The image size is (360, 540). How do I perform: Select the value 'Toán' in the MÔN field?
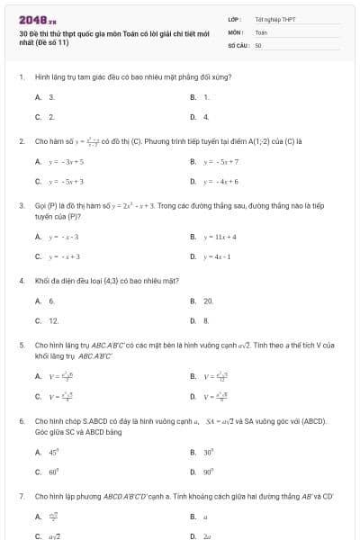click(261, 31)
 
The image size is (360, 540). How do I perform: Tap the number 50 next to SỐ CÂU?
click(258, 44)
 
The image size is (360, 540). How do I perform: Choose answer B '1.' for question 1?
click(206, 96)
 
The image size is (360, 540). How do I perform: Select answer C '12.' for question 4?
click(53, 320)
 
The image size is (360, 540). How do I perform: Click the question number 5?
click(22, 345)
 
